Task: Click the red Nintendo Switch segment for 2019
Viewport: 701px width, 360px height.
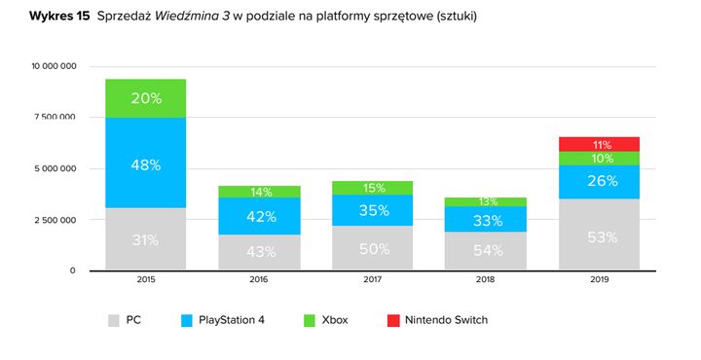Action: pos(599,144)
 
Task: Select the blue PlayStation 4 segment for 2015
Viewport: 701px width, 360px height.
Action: pos(145,162)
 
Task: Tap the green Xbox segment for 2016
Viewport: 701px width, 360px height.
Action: pos(259,192)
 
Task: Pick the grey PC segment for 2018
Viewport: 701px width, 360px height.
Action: pos(486,251)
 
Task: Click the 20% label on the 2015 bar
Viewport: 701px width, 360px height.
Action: pos(145,97)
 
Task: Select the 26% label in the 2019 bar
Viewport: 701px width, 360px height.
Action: pos(599,181)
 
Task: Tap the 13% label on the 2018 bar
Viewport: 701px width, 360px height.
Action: pos(486,201)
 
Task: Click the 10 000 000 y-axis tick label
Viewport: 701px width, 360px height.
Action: pos(56,66)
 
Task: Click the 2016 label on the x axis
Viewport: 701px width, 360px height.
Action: pos(259,280)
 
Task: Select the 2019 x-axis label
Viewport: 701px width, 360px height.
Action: pos(599,280)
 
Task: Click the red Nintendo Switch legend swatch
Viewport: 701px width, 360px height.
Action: pos(393,319)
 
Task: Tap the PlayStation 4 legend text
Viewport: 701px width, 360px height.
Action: pos(230,319)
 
